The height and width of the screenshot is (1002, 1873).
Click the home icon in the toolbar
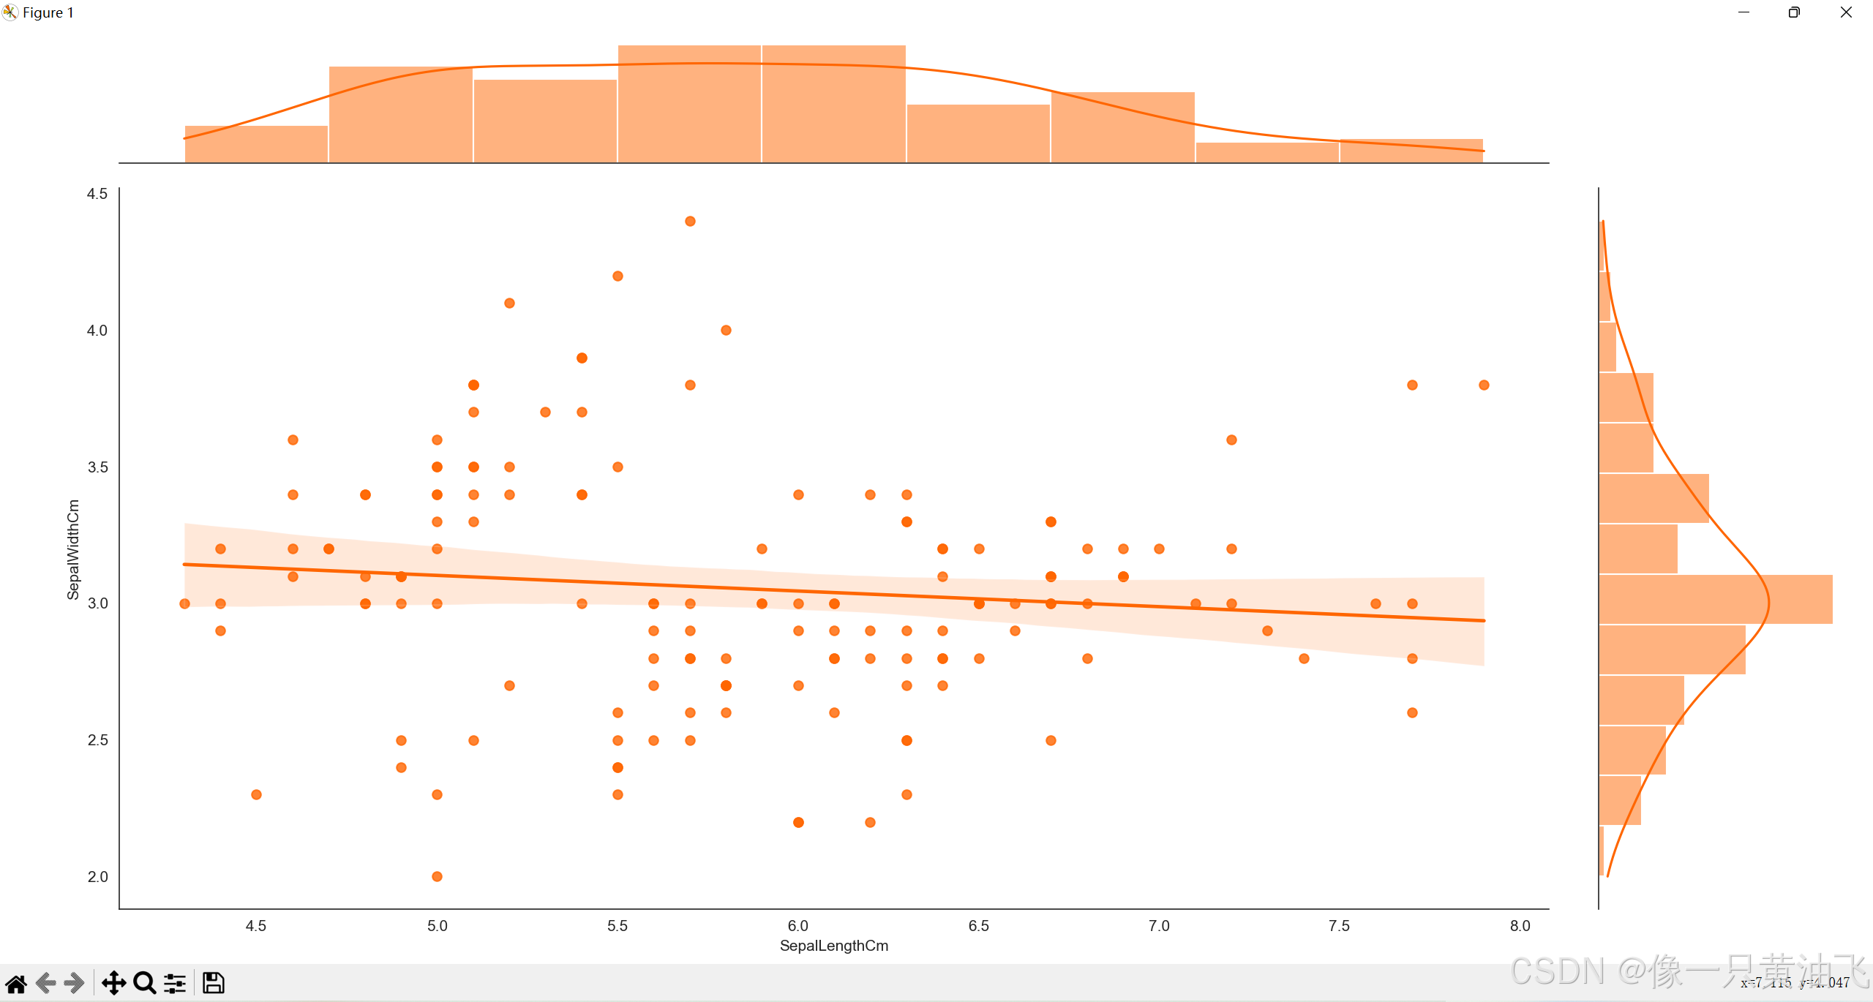point(16,983)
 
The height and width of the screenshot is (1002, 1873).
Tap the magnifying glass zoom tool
point(145,983)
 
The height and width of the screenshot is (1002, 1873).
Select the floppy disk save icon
point(213,983)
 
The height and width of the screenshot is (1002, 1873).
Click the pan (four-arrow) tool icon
point(113,983)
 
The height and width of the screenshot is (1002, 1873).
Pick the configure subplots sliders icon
point(175,983)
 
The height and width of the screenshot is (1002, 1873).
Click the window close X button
point(1846,12)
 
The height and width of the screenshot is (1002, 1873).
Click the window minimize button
point(1743,12)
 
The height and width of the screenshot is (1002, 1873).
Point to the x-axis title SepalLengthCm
point(834,946)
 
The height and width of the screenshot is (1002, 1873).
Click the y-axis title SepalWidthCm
point(73,549)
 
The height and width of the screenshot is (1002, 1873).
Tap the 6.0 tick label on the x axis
point(797,926)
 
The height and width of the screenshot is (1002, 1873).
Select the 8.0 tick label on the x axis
point(1520,926)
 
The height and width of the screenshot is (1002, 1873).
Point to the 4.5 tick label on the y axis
point(97,194)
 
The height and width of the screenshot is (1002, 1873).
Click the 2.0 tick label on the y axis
point(97,877)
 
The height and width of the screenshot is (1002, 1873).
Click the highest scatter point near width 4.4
point(690,222)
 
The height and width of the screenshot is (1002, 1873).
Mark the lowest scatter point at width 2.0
point(437,876)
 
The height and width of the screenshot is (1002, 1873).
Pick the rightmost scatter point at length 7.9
point(1484,385)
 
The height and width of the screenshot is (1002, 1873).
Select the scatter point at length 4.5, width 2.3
point(256,794)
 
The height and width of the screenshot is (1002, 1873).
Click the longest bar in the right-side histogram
point(1716,599)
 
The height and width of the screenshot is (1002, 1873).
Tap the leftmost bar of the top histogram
point(256,144)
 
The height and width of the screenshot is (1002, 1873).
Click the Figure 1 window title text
point(48,12)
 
